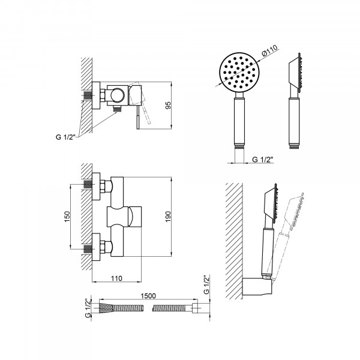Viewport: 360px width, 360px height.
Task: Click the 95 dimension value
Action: click(168, 105)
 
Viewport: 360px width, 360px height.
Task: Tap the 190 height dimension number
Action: click(168, 217)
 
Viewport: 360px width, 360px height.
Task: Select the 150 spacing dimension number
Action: click(67, 217)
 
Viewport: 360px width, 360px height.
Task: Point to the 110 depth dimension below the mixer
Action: click(116, 278)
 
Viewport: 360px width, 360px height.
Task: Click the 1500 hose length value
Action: click(148, 296)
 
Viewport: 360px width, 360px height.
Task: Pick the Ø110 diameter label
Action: click(270, 50)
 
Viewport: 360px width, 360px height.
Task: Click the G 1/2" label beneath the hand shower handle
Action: click(263, 160)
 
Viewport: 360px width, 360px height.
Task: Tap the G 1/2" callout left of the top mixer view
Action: click(66, 137)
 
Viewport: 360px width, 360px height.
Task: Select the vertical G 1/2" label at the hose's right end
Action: click(206, 284)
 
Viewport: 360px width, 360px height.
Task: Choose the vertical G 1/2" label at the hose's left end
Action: click(88, 308)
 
